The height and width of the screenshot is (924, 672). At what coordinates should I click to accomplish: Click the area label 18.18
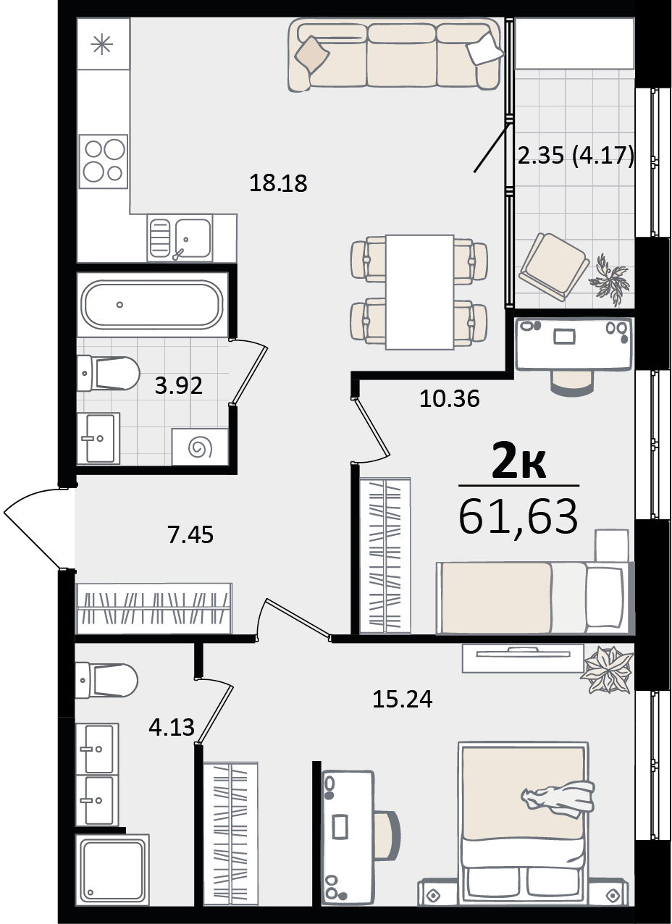tap(279, 183)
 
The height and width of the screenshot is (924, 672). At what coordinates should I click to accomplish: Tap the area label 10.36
tap(450, 398)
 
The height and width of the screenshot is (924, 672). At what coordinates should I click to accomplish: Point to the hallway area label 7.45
tap(190, 536)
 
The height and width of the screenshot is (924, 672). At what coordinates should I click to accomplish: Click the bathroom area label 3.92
tap(178, 385)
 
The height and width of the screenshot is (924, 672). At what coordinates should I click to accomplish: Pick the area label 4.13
tap(172, 726)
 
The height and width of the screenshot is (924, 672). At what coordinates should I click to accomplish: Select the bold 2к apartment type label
tap(518, 463)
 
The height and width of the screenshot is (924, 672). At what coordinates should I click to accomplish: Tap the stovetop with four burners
tap(103, 161)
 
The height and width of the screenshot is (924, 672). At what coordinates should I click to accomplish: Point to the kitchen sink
tap(192, 236)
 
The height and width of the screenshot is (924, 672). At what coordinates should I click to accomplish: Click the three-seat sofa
tap(395, 54)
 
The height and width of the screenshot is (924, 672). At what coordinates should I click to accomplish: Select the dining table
tap(419, 291)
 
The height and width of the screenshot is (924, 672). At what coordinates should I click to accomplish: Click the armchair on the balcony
tap(554, 265)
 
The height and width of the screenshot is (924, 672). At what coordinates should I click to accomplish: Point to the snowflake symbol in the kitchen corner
tap(102, 43)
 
